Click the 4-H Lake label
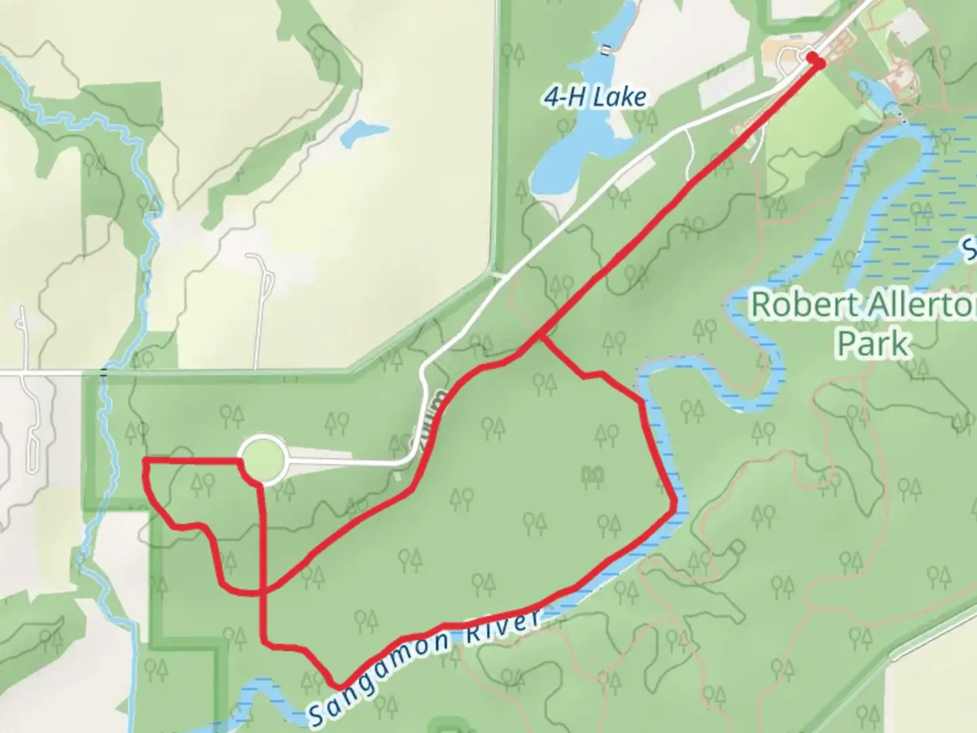[594, 98]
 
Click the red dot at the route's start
[816, 62]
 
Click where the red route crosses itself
[263, 590]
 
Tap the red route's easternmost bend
[674, 506]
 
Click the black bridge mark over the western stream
[104, 373]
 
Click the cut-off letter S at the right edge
[971, 250]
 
